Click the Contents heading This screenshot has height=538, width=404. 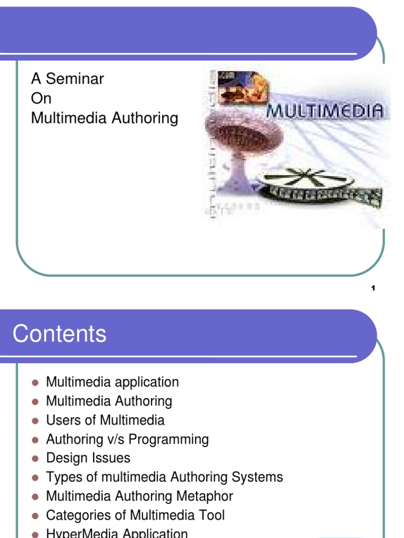pyautogui.click(x=59, y=334)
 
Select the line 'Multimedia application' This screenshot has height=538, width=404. pyautogui.click(x=113, y=382)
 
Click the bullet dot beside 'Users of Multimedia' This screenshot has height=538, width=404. pyautogui.click(x=36, y=421)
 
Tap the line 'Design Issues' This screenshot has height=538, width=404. pyautogui.click(x=88, y=458)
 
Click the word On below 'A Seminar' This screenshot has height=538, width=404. pyautogui.click(x=41, y=99)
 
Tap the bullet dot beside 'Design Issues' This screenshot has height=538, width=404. pyautogui.click(x=36, y=459)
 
